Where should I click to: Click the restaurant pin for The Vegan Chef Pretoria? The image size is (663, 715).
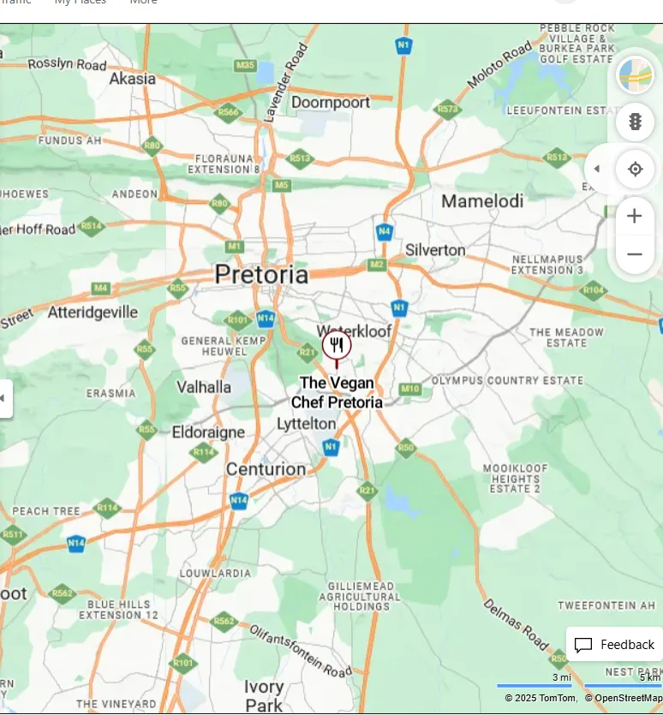pyautogui.click(x=337, y=346)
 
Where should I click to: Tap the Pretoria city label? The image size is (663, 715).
pyautogui.click(x=261, y=275)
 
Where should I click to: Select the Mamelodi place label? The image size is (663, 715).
pyautogui.click(x=482, y=201)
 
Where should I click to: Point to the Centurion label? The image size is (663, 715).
pyautogui.click(x=266, y=469)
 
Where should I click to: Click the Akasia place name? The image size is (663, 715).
pyautogui.click(x=133, y=79)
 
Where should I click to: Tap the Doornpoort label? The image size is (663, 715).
pyautogui.click(x=331, y=103)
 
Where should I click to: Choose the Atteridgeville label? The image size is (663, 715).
pyautogui.click(x=93, y=313)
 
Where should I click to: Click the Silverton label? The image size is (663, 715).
pyautogui.click(x=435, y=250)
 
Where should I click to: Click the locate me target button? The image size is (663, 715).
pyautogui.click(x=635, y=169)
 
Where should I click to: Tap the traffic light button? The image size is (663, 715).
pyautogui.click(x=635, y=122)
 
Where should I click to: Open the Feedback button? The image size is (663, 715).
pyautogui.click(x=614, y=645)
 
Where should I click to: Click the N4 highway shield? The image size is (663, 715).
pyautogui.click(x=385, y=231)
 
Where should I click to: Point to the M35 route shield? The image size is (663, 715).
pyautogui.click(x=245, y=66)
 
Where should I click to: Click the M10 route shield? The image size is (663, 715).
pyautogui.click(x=410, y=390)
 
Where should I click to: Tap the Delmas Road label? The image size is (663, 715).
pyautogui.click(x=516, y=623)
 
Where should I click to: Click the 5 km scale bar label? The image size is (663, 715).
pyautogui.click(x=649, y=677)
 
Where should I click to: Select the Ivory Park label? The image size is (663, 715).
pyautogui.click(x=264, y=696)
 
